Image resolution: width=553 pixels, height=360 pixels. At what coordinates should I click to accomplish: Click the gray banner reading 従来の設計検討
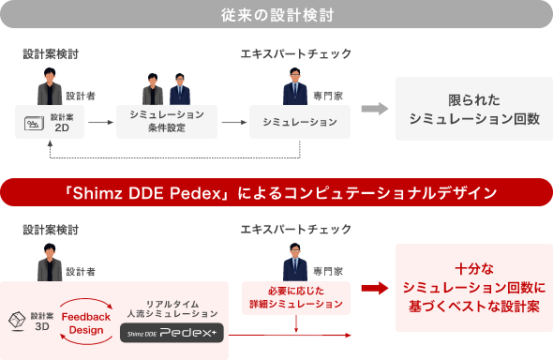(x=276, y=15)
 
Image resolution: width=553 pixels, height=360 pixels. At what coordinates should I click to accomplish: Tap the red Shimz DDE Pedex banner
(x=276, y=192)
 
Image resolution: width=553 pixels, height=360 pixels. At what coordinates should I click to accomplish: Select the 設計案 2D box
(x=51, y=123)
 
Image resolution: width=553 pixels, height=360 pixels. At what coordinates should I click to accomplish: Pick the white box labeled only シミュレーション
(x=292, y=122)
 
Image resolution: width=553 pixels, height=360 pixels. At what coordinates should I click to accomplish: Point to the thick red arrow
(x=374, y=289)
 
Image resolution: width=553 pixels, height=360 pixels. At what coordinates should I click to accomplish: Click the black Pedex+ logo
(x=171, y=333)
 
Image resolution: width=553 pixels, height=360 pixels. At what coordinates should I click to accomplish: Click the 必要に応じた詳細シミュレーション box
(x=296, y=297)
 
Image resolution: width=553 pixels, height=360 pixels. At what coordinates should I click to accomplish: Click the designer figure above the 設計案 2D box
(x=50, y=88)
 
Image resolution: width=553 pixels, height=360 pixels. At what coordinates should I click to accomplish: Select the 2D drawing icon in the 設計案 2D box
(x=34, y=124)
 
